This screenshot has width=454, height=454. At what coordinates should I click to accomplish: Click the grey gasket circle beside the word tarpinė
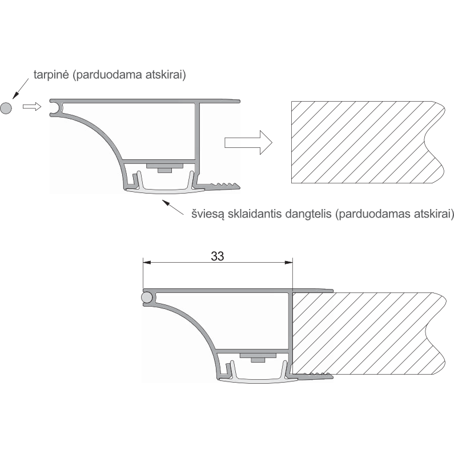pos(6,109)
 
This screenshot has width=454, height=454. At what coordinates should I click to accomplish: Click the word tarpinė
pos(51,75)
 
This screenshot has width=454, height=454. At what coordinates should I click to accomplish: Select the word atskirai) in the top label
pos(166,75)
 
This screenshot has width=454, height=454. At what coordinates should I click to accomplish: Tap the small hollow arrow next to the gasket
pos(32,107)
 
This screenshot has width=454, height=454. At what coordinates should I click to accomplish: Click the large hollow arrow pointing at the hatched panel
pos(248,142)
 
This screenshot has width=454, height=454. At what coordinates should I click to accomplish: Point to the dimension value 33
pos(218,256)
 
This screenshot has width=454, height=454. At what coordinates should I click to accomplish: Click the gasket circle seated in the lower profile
pos(147,298)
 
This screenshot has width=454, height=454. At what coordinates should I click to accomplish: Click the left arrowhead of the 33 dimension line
pos(147,263)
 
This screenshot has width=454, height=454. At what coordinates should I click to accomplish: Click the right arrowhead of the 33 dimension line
pos(288,263)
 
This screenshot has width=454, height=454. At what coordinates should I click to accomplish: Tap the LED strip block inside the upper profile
pos(164,168)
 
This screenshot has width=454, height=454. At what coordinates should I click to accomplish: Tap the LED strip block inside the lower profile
pos(258,357)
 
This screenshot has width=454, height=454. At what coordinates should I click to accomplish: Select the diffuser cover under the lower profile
pos(258,377)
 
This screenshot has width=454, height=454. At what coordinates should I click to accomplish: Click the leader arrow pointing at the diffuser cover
pos(172,207)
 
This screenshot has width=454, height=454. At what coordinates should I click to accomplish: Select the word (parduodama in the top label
pos(107,75)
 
